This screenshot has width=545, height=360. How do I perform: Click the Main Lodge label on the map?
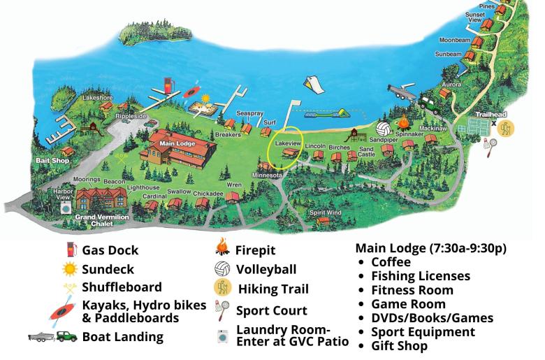(176, 145)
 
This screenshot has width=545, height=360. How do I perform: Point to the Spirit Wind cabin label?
(326, 212)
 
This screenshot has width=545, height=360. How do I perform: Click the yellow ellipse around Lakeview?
(286, 145)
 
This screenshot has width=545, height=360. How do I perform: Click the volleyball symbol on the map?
(384, 129)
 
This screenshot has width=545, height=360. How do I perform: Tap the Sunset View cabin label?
(475, 17)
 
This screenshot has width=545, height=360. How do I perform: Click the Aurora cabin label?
(451, 84)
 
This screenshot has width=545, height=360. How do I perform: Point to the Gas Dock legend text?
(110, 250)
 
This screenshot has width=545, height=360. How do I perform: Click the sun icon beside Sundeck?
(69, 268)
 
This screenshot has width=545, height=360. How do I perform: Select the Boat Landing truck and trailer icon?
(53, 336)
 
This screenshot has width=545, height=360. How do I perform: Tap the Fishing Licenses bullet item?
(421, 276)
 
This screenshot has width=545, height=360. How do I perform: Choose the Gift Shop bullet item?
(399, 345)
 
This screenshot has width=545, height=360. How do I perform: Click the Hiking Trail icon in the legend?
(224, 288)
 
